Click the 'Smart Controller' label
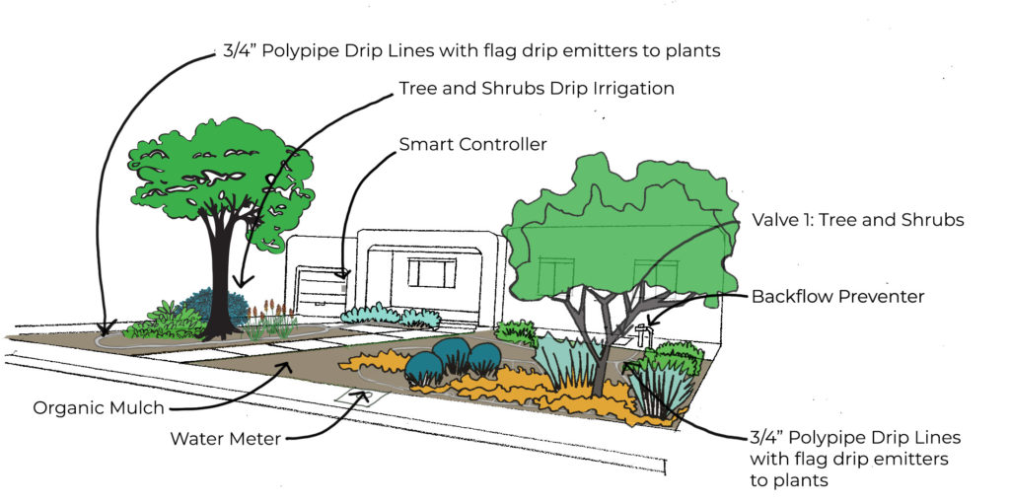coord(472,145)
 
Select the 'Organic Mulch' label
coord(98,406)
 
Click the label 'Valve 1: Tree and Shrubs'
coord(857,220)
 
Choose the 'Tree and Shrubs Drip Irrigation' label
coord(537,88)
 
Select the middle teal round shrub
coord(453,353)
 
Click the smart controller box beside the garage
coord(345,275)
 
